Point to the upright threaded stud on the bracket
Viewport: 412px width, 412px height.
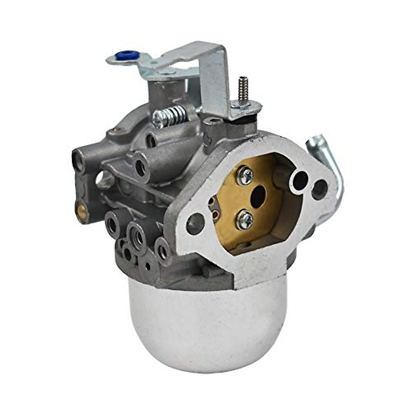(244, 88)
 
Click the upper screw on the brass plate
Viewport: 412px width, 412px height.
(244, 175)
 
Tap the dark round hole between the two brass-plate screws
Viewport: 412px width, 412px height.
(258, 197)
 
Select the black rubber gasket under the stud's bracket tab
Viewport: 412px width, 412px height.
(252, 118)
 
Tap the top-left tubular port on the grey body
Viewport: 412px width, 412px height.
(78, 161)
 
